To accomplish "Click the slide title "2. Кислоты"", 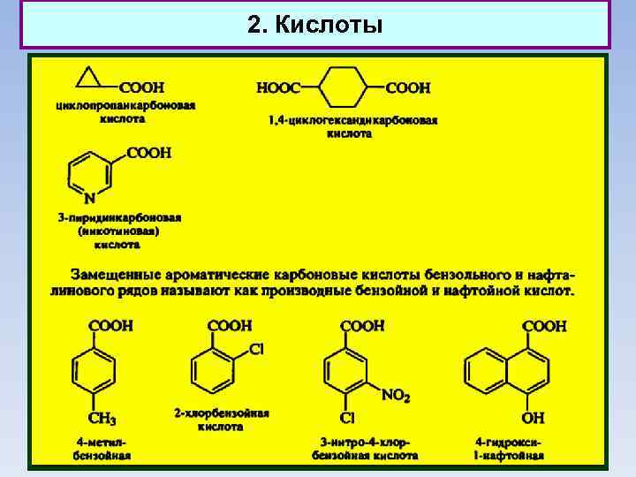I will pyautogui.click(x=315, y=25).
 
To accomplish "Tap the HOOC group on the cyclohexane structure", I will pyautogui.click(x=278, y=87).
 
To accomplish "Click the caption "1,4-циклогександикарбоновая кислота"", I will pyautogui.click(x=353, y=126).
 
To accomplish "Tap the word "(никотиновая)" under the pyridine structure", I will pyautogui.click(x=117, y=231).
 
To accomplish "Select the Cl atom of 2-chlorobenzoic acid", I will pyautogui.click(x=257, y=349).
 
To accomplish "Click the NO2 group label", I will pyautogui.click(x=396, y=395).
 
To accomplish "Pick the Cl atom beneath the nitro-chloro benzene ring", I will pyautogui.click(x=347, y=418).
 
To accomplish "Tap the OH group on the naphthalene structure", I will pyautogui.click(x=534, y=418).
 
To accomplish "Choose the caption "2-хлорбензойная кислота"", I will pyautogui.click(x=221, y=420).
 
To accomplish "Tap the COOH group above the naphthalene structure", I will pyautogui.click(x=544, y=326).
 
